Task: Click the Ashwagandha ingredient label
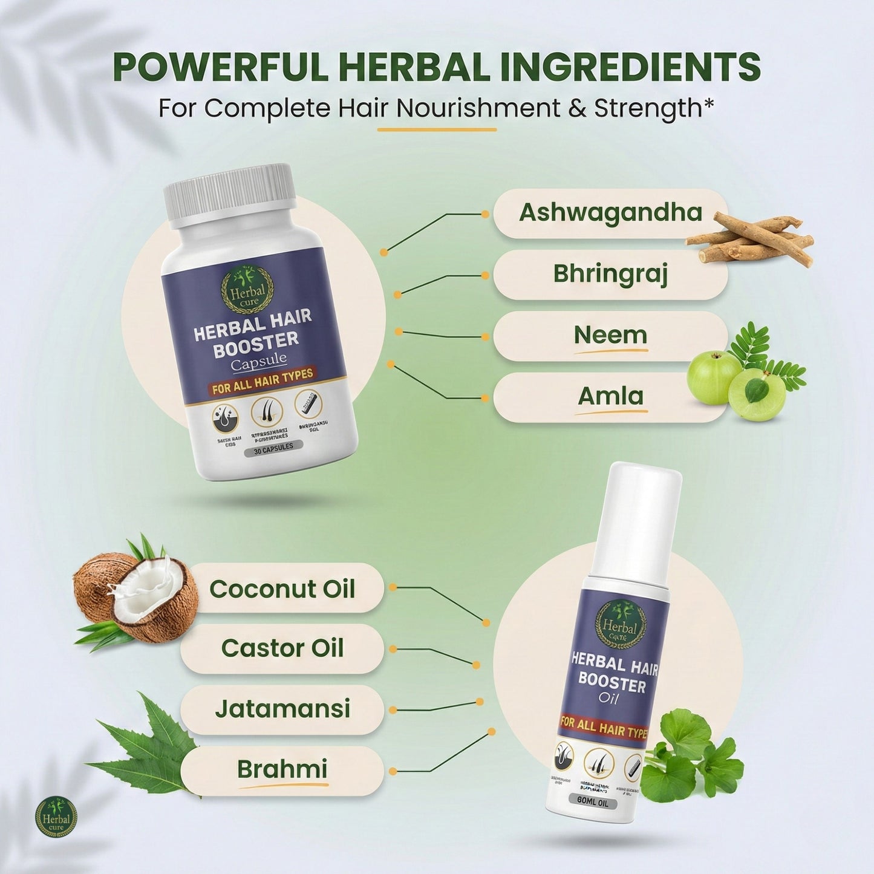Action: (x=610, y=213)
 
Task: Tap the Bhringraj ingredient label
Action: (x=610, y=274)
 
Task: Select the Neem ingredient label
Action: (x=610, y=335)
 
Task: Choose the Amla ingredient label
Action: (x=610, y=396)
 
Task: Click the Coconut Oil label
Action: (x=282, y=589)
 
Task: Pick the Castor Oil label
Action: (x=282, y=648)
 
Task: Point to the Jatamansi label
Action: (x=282, y=709)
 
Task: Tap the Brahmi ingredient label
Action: (x=282, y=769)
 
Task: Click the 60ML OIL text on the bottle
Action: (x=593, y=803)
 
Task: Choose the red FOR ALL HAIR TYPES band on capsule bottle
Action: (x=262, y=380)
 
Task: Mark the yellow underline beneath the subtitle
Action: (x=437, y=129)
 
